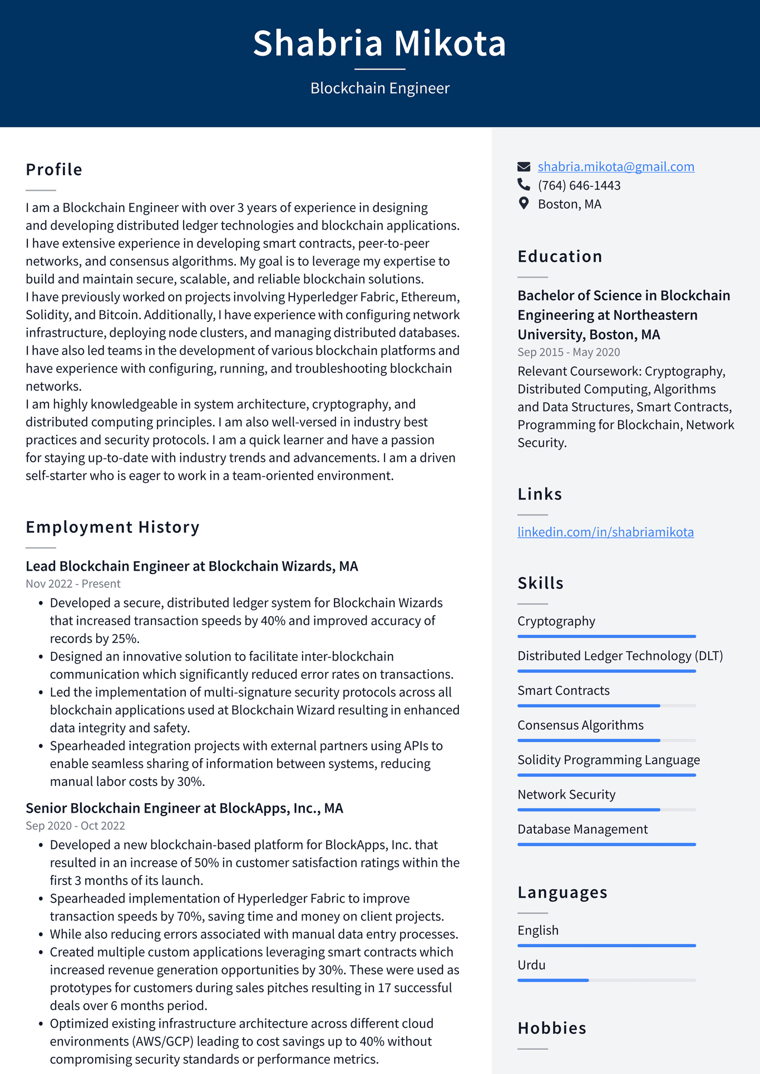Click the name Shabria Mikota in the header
point(379,43)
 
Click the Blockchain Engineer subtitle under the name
point(379,88)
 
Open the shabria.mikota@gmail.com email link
point(615,167)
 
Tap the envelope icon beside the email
point(524,167)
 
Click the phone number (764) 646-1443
point(579,185)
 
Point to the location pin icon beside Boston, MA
point(524,204)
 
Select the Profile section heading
point(54,170)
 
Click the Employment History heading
point(112,527)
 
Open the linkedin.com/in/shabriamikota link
point(605,532)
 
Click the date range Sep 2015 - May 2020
point(568,352)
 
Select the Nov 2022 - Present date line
point(73,584)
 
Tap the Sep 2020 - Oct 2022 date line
point(75,826)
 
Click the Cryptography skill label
point(556,621)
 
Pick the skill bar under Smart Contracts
point(606,706)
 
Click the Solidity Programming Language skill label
point(608,760)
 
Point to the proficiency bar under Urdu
point(606,980)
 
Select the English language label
point(537,931)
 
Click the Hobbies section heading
point(551,1028)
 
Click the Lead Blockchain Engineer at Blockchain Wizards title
point(191,566)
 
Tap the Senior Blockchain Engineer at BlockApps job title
point(184,808)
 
